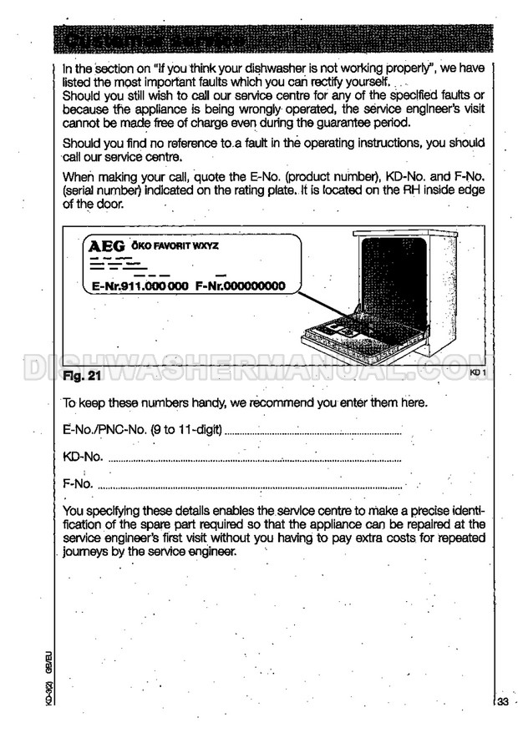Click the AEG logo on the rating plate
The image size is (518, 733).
[x=106, y=247]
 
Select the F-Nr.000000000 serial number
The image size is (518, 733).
[x=241, y=286]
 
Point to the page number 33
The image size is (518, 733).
[x=502, y=701]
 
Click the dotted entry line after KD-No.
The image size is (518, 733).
[x=255, y=459]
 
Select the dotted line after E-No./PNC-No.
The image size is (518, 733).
[x=313, y=433]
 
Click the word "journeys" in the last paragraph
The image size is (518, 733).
[x=88, y=552]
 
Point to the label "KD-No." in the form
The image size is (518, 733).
[x=84, y=457]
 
